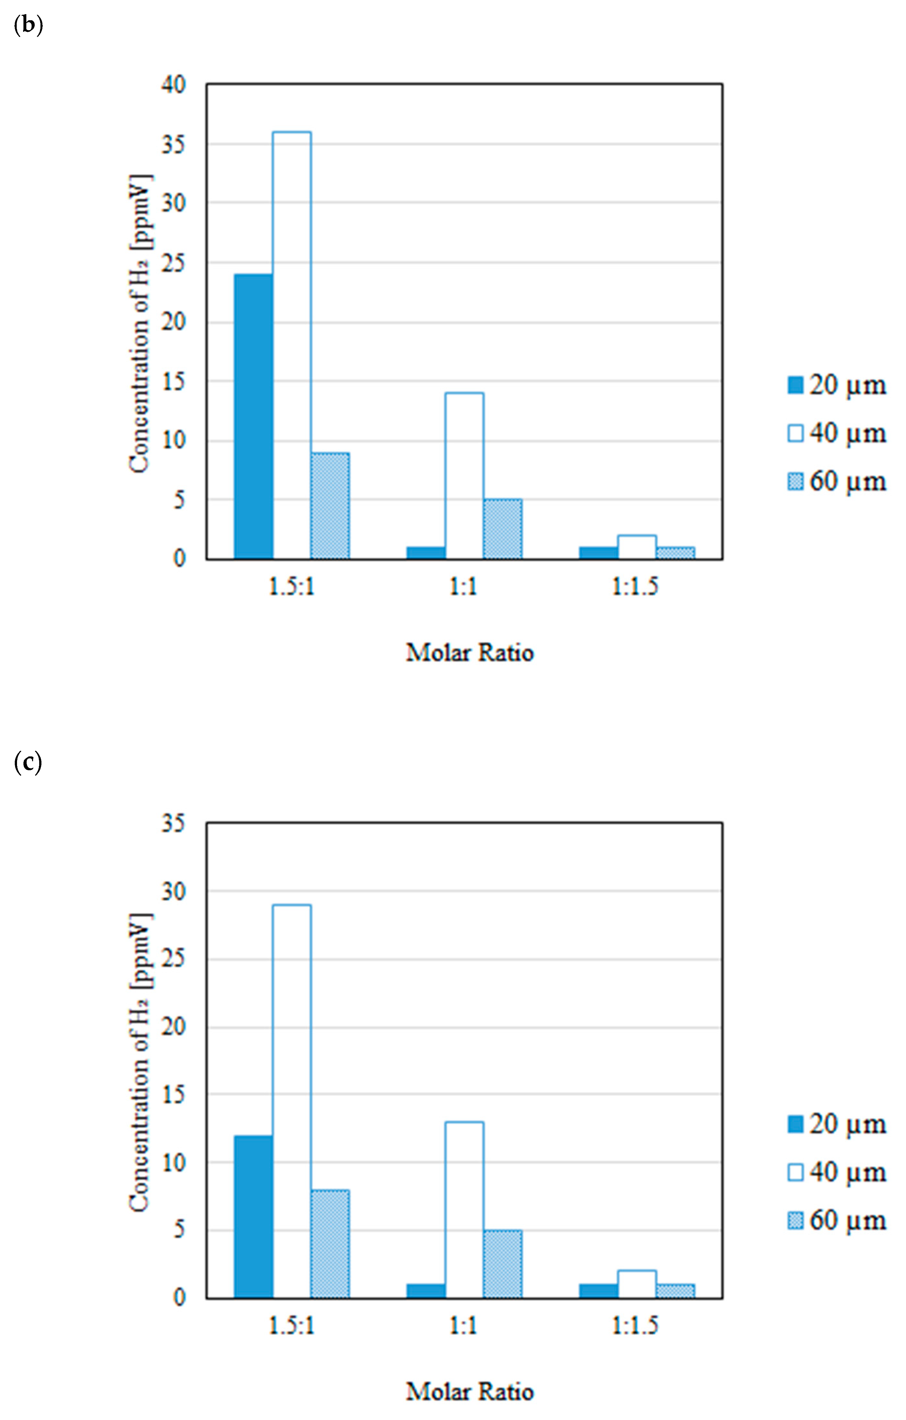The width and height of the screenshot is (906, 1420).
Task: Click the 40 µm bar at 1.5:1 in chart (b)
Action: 292,345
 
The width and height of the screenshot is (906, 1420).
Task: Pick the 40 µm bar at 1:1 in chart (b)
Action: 464,475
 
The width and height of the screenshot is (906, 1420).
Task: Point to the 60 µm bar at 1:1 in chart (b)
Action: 502,529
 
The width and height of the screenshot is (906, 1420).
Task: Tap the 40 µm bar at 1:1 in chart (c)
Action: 464,1210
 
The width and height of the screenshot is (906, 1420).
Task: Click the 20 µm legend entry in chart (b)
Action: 837,385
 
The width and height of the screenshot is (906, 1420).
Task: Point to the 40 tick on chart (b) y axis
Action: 173,84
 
